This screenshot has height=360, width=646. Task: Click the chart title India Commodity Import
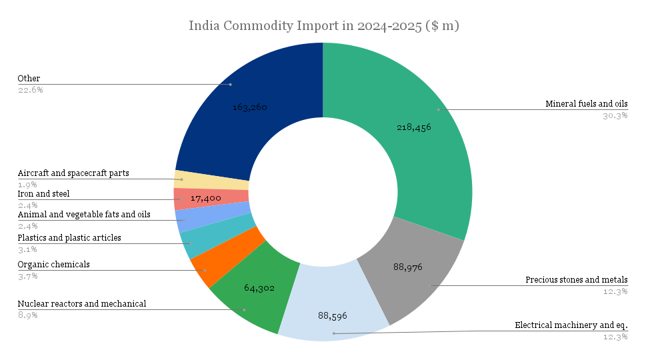coord(323,26)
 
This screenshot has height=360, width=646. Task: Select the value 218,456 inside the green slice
coord(413,127)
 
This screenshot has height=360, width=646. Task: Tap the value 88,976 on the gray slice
coord(407,267)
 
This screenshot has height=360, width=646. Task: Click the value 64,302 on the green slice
coord(259,288)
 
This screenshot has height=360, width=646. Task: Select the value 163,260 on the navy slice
coord(249,107)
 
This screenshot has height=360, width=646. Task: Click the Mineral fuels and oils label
coord(587,104)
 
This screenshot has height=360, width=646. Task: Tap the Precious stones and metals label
coord(577,280)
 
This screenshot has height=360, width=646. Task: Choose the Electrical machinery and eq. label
coord(571,325)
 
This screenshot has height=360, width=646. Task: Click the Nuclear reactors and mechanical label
coord(82,304)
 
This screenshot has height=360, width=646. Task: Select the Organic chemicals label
coord(53,265)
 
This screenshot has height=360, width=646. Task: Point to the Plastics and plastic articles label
coord(69,238)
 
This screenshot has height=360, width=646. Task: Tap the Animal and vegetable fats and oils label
coord(84,215)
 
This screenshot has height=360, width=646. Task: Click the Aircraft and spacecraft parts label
coord(73,173)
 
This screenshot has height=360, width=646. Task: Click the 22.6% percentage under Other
coord(30,89)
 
